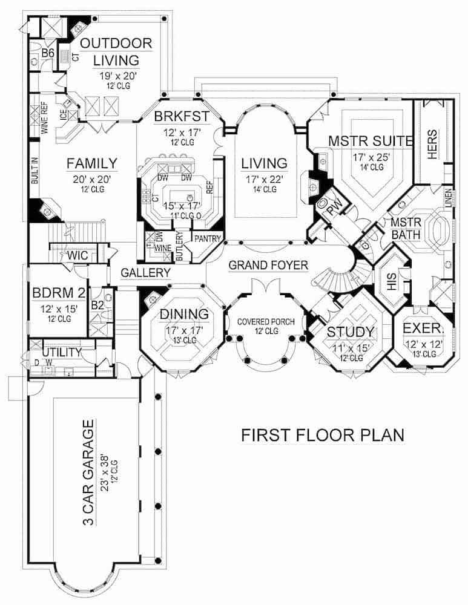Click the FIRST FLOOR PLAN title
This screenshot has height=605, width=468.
(322, 435)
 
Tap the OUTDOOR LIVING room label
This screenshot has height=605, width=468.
(116, 51)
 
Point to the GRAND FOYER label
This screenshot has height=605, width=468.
(268, 264)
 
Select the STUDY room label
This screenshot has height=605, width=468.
(351, 332)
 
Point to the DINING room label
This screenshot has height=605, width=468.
(184, 314)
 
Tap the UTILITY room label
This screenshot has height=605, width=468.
(61, 352)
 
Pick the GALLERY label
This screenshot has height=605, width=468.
(145, 273)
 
